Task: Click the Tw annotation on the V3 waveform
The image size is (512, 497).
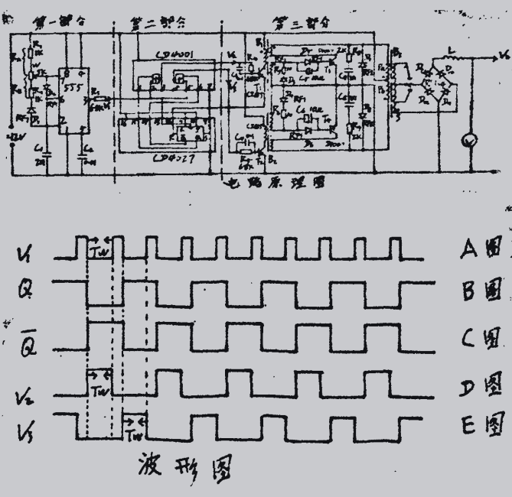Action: [135, 437]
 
